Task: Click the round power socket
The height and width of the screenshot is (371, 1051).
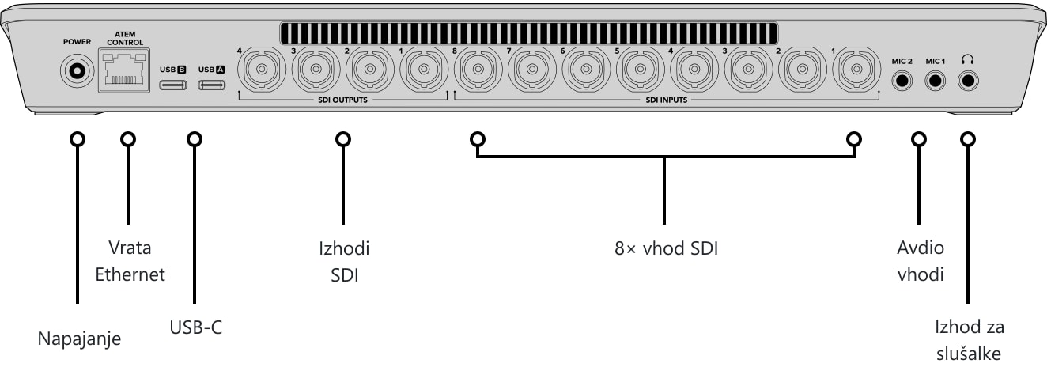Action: tap(77, 71)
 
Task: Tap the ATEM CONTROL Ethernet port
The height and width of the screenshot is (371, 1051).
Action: tap(124, 70)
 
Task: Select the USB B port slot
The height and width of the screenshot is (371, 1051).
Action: tap(172, 85)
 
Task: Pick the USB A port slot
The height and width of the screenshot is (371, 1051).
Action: tap(211, 85)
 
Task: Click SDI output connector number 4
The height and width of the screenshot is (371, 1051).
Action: tap(262, 70)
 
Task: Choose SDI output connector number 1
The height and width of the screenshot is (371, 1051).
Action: tap(424, 70)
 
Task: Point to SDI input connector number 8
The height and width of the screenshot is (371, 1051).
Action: tap(478, 70)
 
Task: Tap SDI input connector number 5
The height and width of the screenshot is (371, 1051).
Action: tap(640, 70)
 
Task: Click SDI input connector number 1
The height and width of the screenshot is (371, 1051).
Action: tap(856, 70)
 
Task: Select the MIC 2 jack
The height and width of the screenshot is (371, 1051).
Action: tap(902, 81)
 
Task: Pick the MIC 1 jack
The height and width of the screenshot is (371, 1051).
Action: tap(935, 81)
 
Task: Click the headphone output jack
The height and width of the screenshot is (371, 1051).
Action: tap(968, 81)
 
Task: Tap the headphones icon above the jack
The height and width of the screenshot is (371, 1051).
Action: tap(967, 59)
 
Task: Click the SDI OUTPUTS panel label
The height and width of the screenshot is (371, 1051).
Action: tap(342, 100)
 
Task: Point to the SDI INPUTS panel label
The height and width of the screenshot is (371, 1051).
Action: tap(666, 100)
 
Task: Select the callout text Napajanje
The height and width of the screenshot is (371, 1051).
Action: tap(79, 339)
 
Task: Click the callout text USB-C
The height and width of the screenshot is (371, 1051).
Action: tap(195, 327)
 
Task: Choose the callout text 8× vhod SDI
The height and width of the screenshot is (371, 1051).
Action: tap(666, 248)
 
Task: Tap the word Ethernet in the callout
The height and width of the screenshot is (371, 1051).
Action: tap(130, 274)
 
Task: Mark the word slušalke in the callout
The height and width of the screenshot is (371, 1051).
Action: tap(969, 354)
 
